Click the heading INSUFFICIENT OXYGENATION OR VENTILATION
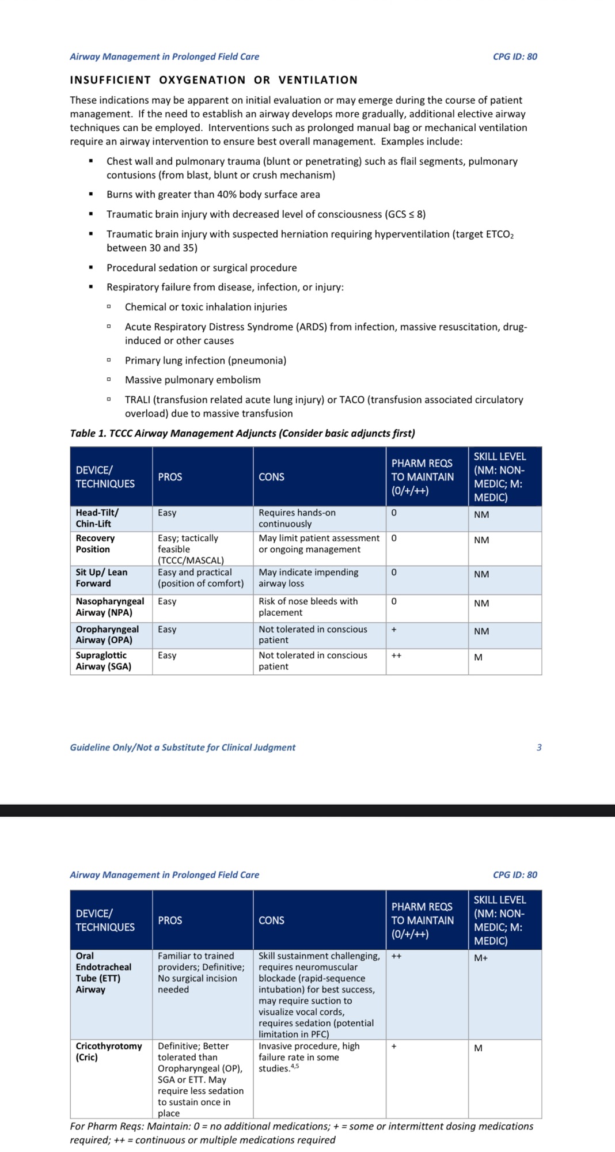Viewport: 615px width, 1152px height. pyautogui.click(x=214, y=80)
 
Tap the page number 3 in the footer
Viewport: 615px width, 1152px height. pyautogui.click(x=539, y=748)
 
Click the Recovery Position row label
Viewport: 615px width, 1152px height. pyautogui.click(x=95, y=544)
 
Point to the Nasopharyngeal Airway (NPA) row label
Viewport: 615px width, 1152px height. pyautogui.click(x=109, y=607)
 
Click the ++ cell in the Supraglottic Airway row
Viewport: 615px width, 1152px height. pyautogui.click(x=396, y=655)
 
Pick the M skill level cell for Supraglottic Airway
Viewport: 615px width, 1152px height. pyautogui.click(x=479, y=657)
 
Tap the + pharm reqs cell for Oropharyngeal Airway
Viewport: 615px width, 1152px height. pyautogui.click(x=394, y=630)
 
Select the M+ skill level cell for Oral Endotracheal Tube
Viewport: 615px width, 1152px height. pyautogui.click(x=481, y=958)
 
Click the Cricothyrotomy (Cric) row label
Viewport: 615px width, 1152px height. pyautogui.click(x=108, y=1052)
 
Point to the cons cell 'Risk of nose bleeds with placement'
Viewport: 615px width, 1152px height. pyautogui.click(x=308, y=607)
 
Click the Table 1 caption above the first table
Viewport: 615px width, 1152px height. pyautogui.click(x=242, y=433)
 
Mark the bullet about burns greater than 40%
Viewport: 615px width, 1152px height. pyautogui.click(x=213, y=195)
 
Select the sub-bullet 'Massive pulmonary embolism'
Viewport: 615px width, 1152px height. pyautogui.click(x=192, y=380)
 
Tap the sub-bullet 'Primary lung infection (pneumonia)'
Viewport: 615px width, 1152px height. pyautogui.click(x=206, y=361)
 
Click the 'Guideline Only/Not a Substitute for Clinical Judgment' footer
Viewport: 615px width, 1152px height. pyautogui.click(x=183, y=748)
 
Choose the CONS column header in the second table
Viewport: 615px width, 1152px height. pyautogui.click(x=271, y=920)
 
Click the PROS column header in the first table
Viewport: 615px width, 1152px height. pyautogui.click(x=170, y=477)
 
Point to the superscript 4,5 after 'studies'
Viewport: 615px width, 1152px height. pyautogui.click(x=295, y=1066)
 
